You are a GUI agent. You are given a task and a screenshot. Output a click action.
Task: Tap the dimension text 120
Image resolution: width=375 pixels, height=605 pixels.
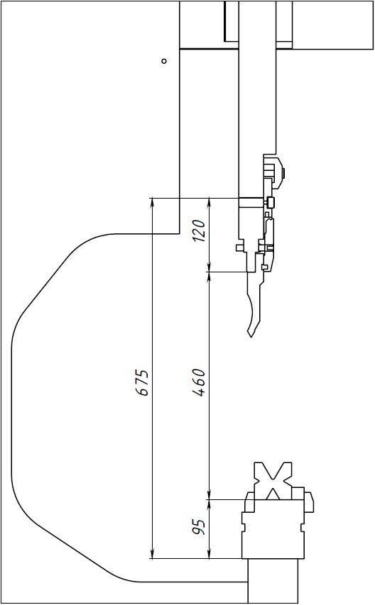(199, 231)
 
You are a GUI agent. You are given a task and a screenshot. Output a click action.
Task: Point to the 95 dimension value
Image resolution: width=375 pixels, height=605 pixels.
(198, 527)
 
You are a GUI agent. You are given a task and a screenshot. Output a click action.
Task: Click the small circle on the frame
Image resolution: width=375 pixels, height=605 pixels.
(164, 61)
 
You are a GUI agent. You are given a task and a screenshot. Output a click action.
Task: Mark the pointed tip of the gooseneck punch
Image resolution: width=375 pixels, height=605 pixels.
(252, 337)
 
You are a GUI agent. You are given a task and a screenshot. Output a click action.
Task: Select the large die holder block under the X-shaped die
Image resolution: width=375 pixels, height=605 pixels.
(273, 529)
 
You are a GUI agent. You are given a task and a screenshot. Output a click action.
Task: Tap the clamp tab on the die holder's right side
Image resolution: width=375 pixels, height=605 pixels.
(309, 501)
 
